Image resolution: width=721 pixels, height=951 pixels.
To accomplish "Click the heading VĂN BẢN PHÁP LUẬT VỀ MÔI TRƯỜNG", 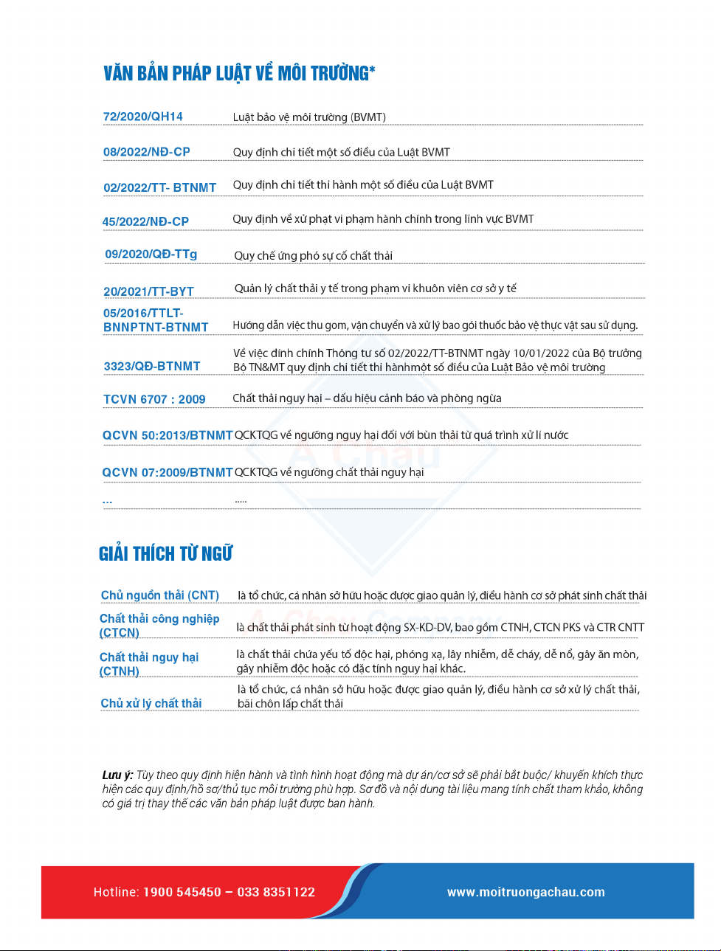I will [239, 73].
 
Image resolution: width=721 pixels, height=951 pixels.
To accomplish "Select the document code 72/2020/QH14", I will [143, 117].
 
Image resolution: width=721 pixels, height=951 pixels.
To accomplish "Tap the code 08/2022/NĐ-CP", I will [147, 152].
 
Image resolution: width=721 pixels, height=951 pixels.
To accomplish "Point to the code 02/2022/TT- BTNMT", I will [160, 187].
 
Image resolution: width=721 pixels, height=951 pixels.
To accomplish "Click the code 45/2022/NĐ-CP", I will [145, 221].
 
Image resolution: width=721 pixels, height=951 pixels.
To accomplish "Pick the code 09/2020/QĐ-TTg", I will [151, 255].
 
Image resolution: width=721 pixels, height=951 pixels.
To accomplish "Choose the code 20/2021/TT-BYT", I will [148, 291].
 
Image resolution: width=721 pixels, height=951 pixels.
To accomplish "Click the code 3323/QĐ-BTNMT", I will [152, 366].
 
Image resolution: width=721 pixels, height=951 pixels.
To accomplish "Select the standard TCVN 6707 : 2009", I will [154, 399].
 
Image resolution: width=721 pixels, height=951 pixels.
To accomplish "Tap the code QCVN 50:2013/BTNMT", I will [168, 435].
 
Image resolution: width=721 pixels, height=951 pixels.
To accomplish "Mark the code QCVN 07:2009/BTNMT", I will [168, 472].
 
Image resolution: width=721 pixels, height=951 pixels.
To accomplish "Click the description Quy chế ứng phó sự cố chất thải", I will [313, 255].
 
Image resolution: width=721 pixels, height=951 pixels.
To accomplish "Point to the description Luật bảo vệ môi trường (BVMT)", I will [309, 117].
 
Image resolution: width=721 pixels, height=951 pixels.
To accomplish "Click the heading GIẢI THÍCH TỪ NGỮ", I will [166, 553].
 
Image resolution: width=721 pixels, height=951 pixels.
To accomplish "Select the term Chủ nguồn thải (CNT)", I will [160, 595].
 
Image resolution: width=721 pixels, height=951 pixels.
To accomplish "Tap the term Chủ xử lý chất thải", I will [151, 703].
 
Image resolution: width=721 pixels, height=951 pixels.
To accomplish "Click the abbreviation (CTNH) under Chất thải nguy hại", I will [120, 671].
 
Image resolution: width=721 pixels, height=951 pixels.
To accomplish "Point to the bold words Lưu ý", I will [117, 775].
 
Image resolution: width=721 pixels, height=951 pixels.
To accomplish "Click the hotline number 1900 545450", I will [182, 892].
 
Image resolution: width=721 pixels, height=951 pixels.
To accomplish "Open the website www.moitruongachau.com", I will [525, 892].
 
